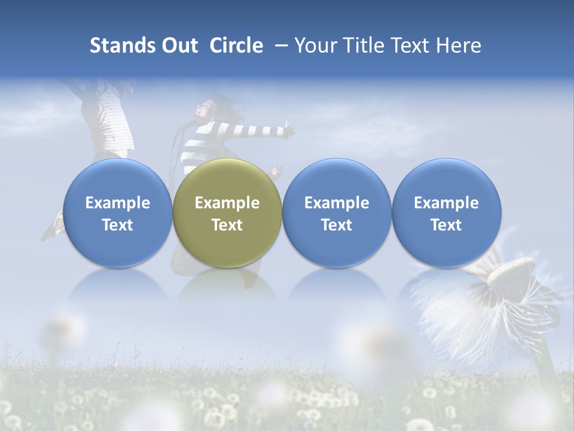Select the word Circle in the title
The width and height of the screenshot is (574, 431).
point(236,45)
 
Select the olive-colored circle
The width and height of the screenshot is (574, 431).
point(227,213)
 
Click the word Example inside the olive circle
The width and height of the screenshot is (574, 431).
point(227,203)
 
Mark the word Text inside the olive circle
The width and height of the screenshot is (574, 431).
point(227,225)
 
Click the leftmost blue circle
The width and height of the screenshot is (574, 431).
point(118,213)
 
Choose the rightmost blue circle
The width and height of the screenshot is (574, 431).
point(447,213)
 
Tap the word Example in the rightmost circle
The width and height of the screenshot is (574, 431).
point(447,203)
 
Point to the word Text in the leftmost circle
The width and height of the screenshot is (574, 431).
point(118,225)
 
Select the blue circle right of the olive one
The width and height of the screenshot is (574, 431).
point(337,213)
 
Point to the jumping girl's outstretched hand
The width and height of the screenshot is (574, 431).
point(289,128)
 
